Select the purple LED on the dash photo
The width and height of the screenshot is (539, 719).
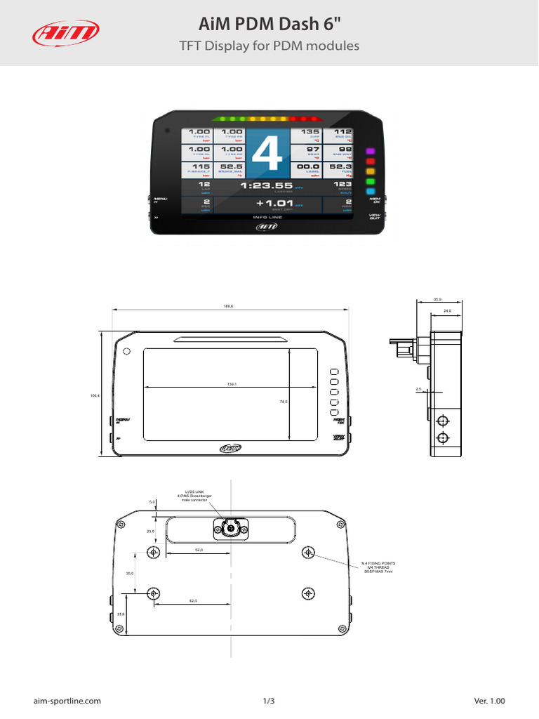point(371,152)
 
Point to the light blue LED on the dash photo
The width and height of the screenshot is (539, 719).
point(371,191)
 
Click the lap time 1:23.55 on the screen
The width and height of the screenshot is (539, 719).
point(267,186)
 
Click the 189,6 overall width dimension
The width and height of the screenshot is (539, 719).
point(228,306)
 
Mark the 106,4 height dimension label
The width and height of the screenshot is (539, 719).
point(95,396)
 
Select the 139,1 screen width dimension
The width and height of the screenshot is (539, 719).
point(231,384)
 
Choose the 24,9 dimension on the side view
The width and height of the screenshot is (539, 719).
point(447,310)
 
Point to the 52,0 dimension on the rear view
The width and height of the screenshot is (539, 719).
point(199,550)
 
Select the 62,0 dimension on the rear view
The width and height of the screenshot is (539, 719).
point(193,601)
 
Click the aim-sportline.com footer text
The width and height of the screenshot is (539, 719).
point(67,701)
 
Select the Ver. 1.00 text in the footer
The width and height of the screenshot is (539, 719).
point(489,701)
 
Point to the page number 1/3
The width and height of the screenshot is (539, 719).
point(269,701)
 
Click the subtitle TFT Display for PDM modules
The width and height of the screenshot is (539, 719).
point(269,46)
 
